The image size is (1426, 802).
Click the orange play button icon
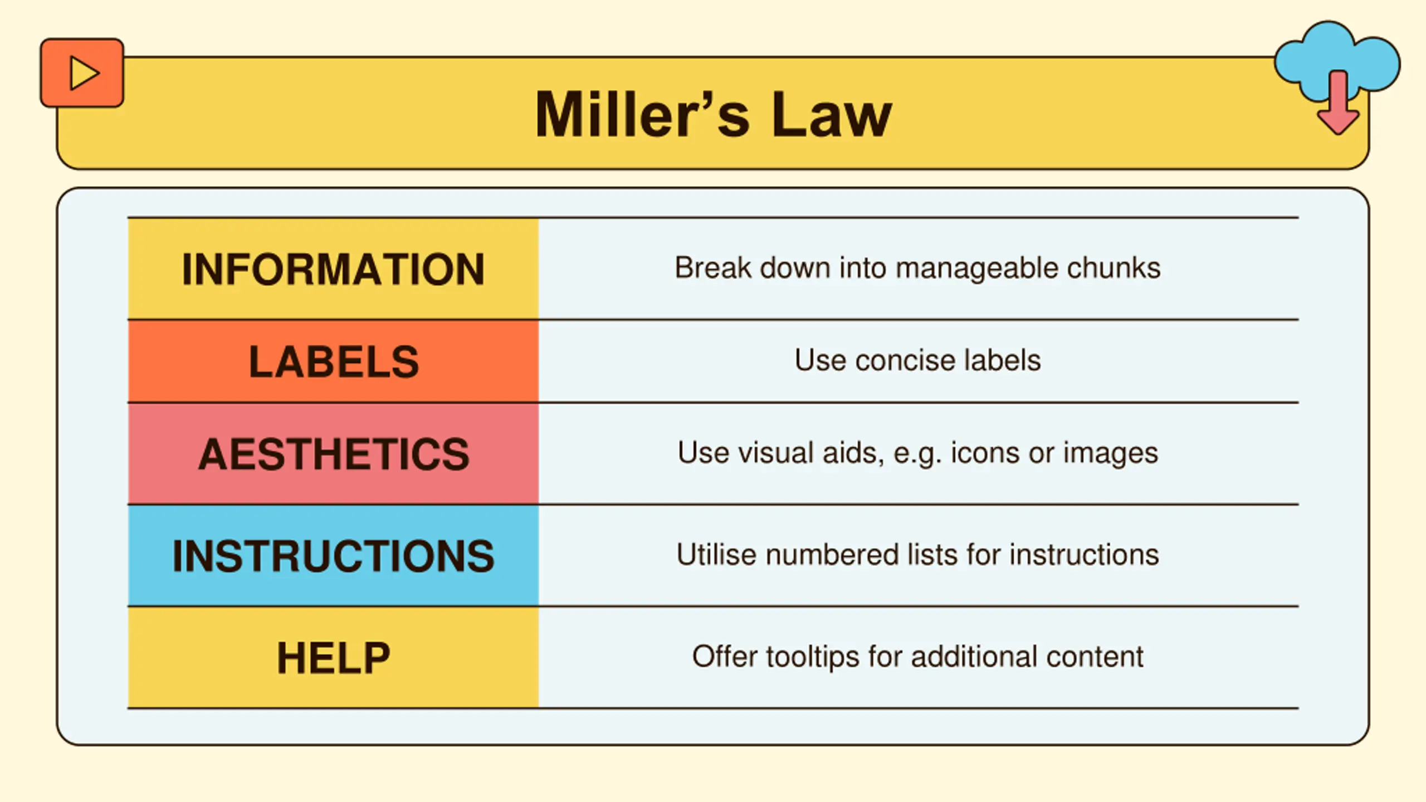(82, 73)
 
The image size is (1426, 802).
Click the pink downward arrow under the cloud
(1338, 104)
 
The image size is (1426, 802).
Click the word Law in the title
(832, 114)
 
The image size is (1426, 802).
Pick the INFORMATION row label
(333, 270)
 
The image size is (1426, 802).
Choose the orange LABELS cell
(333, 361)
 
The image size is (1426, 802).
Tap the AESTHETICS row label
(334, 454)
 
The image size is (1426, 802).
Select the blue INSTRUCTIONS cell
(333, 556)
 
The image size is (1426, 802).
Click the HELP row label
(334, 658)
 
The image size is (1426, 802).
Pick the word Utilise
(716, 555)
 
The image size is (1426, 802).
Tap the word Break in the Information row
(713, 268)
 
